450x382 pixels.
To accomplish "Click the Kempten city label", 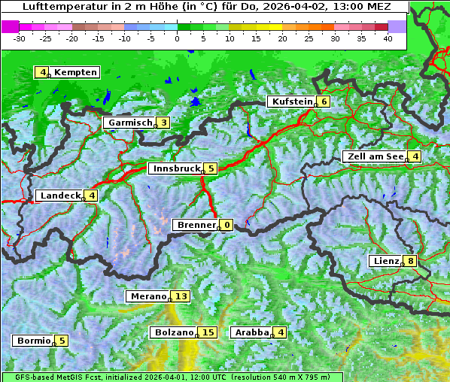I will pyautogui.click(x=75, y=72).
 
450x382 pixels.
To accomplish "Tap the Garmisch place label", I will pyautogui.click(x=130, y=123).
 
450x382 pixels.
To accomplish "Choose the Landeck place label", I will pyautogui.click(x=60, y=196).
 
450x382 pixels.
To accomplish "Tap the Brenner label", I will pyautogui.click(x=196, y=225).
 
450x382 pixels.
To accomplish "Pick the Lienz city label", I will pyautogui.click(x=386, y=261).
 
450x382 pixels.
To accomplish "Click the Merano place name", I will pyautogui.click(x=147, y=296).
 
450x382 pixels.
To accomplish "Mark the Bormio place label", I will pyautogui.click(x=34, y=341).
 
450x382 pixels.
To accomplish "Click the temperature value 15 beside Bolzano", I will pyautogui.click(x=208, y=332).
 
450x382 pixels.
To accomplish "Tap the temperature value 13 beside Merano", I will pyautogui.click(x=181, y=296).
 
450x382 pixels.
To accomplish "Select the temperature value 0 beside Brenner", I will pyautogui.click(x=227, y=225).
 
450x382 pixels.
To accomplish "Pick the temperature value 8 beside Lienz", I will pyautogui.click(x=410, y=261).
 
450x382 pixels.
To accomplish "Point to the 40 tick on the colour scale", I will pyautogui.click(x=388, y=38).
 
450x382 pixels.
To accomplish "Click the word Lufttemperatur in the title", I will pyautogui.click(x=56, y=6).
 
